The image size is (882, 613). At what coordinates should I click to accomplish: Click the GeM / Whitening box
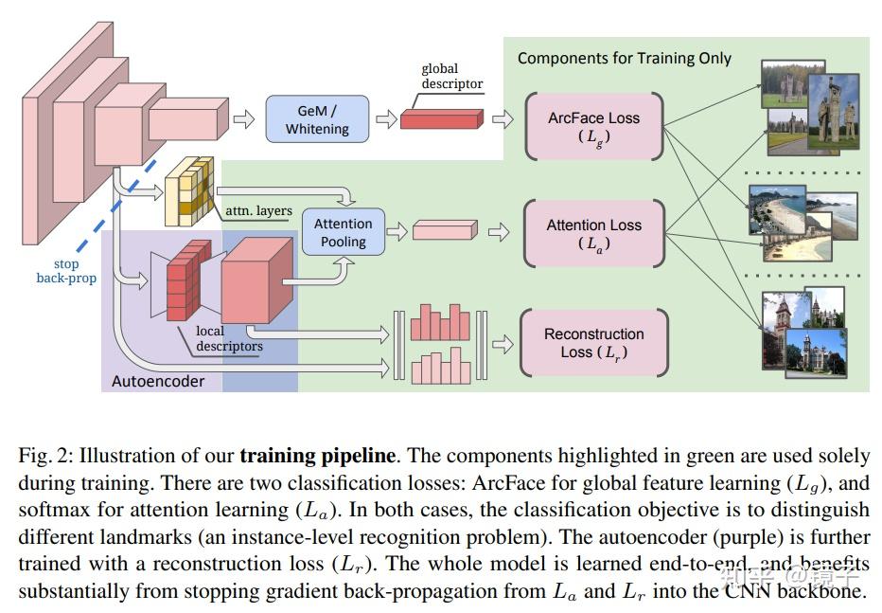coord(317,118)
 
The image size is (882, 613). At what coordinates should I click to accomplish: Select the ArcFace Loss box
coord(593,127)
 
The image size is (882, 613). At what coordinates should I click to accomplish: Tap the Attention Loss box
coord(593,234)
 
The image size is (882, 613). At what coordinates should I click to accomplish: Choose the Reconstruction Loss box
coord(593,343)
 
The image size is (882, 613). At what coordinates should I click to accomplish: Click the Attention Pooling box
coord(343,232)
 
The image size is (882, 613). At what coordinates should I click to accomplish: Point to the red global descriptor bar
coord(441,118)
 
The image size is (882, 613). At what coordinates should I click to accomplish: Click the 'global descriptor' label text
coord(451,76)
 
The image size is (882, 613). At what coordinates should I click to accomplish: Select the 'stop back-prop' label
coord(66,271)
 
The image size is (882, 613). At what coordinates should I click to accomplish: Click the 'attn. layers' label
coord(258,210)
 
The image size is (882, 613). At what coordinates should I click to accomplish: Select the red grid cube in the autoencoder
coord(187,280)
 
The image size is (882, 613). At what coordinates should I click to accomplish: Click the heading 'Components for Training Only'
coord(624,58)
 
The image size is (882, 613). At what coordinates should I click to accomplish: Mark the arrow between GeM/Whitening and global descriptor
coord(386,118)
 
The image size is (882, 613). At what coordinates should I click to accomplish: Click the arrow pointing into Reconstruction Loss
coord(503,343)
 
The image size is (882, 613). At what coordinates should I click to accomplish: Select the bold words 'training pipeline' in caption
coord(317,455)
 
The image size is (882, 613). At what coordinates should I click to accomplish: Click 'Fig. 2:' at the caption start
coord(44,455)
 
